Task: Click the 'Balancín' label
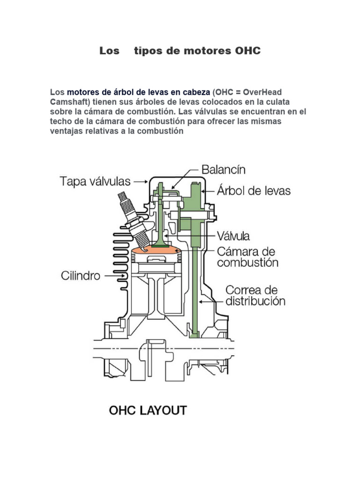[x=223, y=169]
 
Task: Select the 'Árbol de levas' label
[x=253, y=191]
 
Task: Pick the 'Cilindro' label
[x=81, y=276]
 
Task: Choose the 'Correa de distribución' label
[x=255, y=295]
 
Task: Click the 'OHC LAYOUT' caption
[x=148, y=411]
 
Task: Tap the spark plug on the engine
[x=131, y=213]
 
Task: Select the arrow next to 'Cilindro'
[x=112, y=276]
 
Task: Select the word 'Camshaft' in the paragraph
[x=69, y=102]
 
